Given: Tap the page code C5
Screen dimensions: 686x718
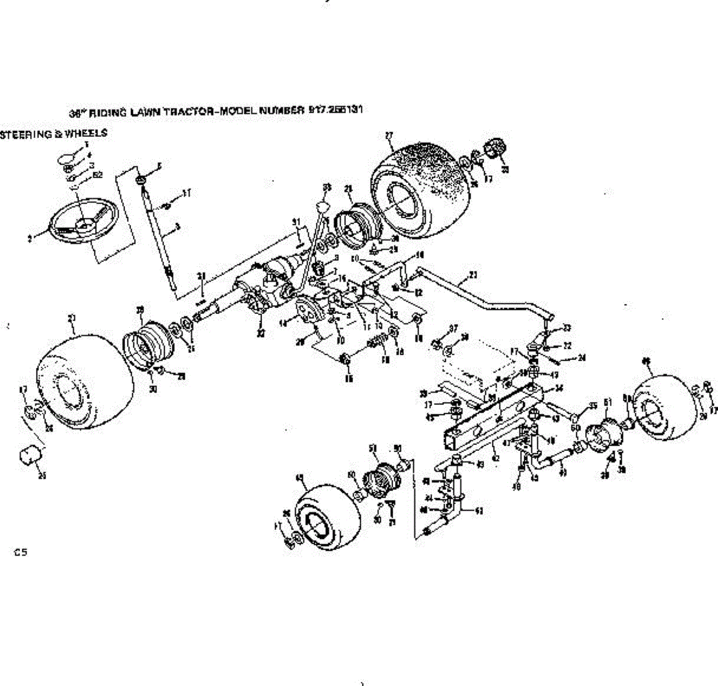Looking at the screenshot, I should coord(21,553).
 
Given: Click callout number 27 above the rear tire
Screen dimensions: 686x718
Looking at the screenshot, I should coord(389,135).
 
